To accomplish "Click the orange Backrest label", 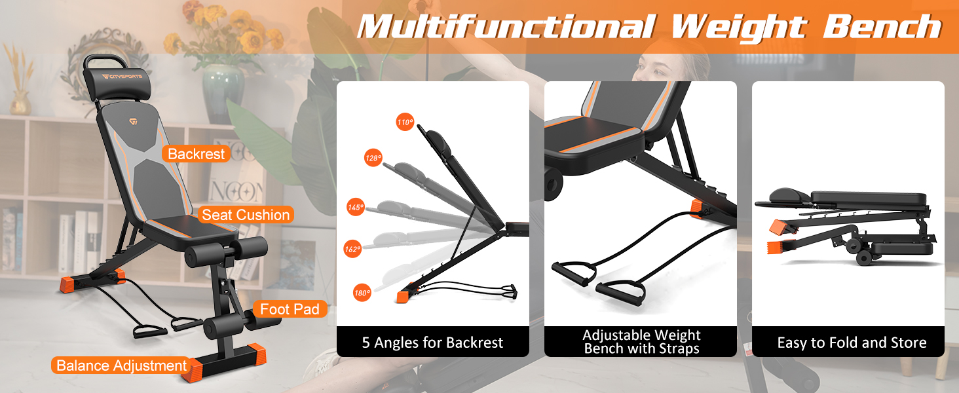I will point(197,154).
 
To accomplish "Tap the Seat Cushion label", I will point(245,215).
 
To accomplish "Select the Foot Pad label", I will point(290,309).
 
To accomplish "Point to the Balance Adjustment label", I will point(122,365).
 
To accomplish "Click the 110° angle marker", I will point(405,122).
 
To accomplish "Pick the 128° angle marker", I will point(373,158).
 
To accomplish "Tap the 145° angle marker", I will point(356,207).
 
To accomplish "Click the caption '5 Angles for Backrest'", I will point(432,342).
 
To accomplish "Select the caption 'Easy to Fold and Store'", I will point(852,342).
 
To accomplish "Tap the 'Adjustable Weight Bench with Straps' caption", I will point(641,342).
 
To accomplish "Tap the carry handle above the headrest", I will point(105,59).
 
